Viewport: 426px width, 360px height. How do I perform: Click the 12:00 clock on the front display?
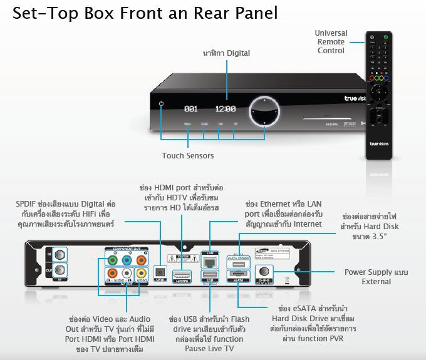point(225,108)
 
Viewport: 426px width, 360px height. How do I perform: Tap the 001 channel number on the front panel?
point(191,109)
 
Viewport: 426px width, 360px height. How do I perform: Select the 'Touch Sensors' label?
point(187,155)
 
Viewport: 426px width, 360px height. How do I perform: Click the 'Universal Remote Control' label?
point(331,42)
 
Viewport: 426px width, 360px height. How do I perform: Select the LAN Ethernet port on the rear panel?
point(209,257)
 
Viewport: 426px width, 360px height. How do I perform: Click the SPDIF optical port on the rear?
point(159,273)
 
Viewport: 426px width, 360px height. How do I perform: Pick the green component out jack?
point(113,258)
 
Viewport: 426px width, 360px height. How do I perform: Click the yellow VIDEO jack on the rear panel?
point(142,273)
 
